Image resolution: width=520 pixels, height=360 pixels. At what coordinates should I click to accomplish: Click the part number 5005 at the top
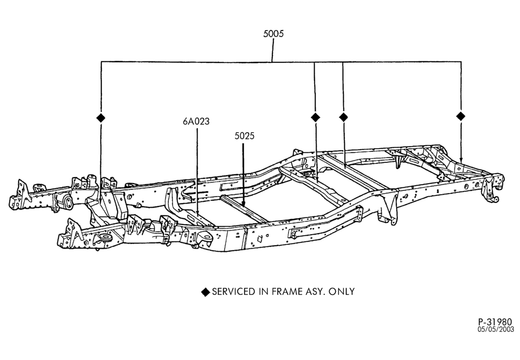pos(274,33)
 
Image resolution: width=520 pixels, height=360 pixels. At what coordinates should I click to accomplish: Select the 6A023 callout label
pos(197,121)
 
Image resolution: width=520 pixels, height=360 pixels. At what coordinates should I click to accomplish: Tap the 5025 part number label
pos(244,136)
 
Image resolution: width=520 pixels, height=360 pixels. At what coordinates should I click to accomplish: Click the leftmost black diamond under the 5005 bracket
pos(100,118)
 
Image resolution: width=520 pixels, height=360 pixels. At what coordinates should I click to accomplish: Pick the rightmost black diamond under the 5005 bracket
pos(461,116)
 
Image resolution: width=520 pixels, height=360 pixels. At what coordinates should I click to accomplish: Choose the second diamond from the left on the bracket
pos(316,117)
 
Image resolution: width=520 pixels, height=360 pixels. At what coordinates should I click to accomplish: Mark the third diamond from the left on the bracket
pos(343,117)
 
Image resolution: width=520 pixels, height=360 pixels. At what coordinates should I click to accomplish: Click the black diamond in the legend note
pos(205,292)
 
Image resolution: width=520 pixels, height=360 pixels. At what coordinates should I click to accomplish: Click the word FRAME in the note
pos(287,292)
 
